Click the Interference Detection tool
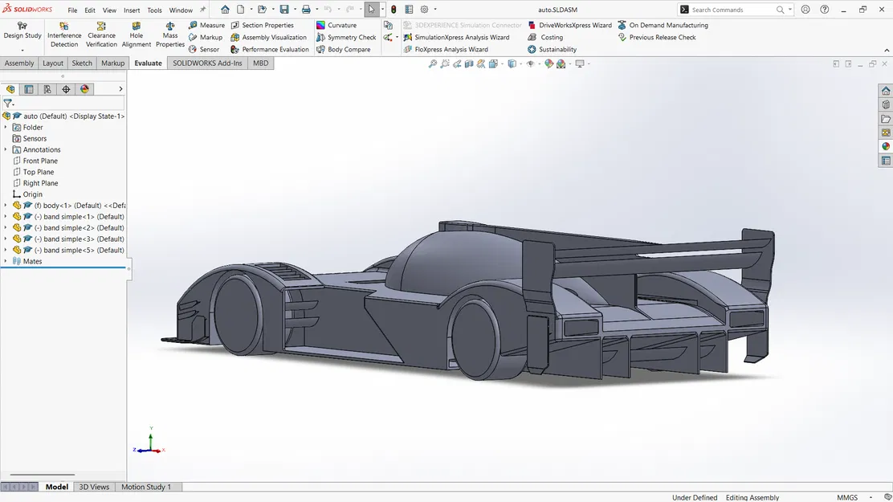[x=64, y=35]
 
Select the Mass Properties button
[x=170, y=35]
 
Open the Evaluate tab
[x=148, y=63]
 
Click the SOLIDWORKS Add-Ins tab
[x=207, y=63]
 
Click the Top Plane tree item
[x=39, y=172]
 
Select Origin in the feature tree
[x=32, y=194]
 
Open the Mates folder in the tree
[x=32, y=262]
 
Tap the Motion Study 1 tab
[x=146, y=487]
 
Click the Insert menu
[x=132, y=10]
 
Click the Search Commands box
[x=731, y=10]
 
